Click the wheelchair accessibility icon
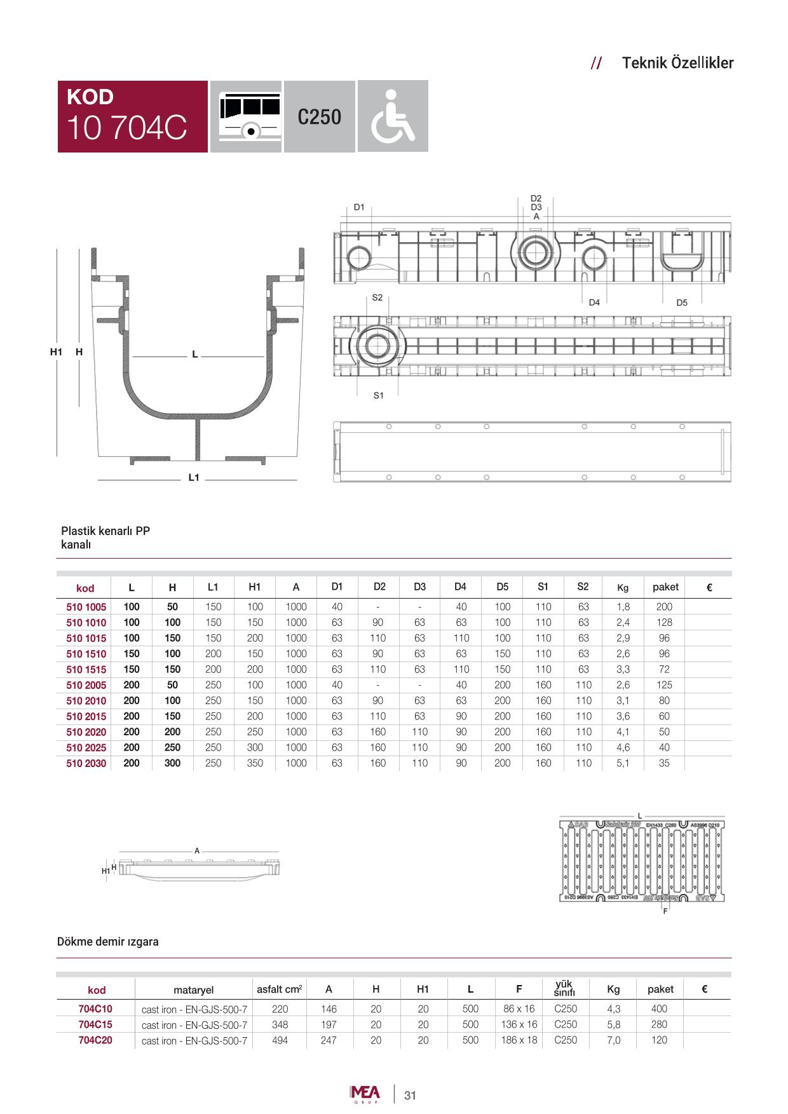coord(393,116)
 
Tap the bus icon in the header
coord(246,116)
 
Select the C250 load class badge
coord(319,117)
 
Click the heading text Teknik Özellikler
coord(677,63)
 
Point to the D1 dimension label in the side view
coord(359,207)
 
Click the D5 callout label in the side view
coord(682,303)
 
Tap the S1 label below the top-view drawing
coord(379,395)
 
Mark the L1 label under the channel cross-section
coord(194,477)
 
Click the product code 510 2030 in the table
coord(86,764)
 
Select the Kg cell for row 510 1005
coord(623,607)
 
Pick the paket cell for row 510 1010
coord(664,623)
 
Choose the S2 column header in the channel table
coord(583,587)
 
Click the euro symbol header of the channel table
coord(709,588)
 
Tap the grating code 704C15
coord(95,1024)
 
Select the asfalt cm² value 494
coord(280,1040)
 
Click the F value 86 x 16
coord(519,1009)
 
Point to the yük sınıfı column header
coord(565,988)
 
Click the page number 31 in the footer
coord(410,1096)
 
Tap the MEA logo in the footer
coord(365,1094)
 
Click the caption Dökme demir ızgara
coord(108,942)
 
